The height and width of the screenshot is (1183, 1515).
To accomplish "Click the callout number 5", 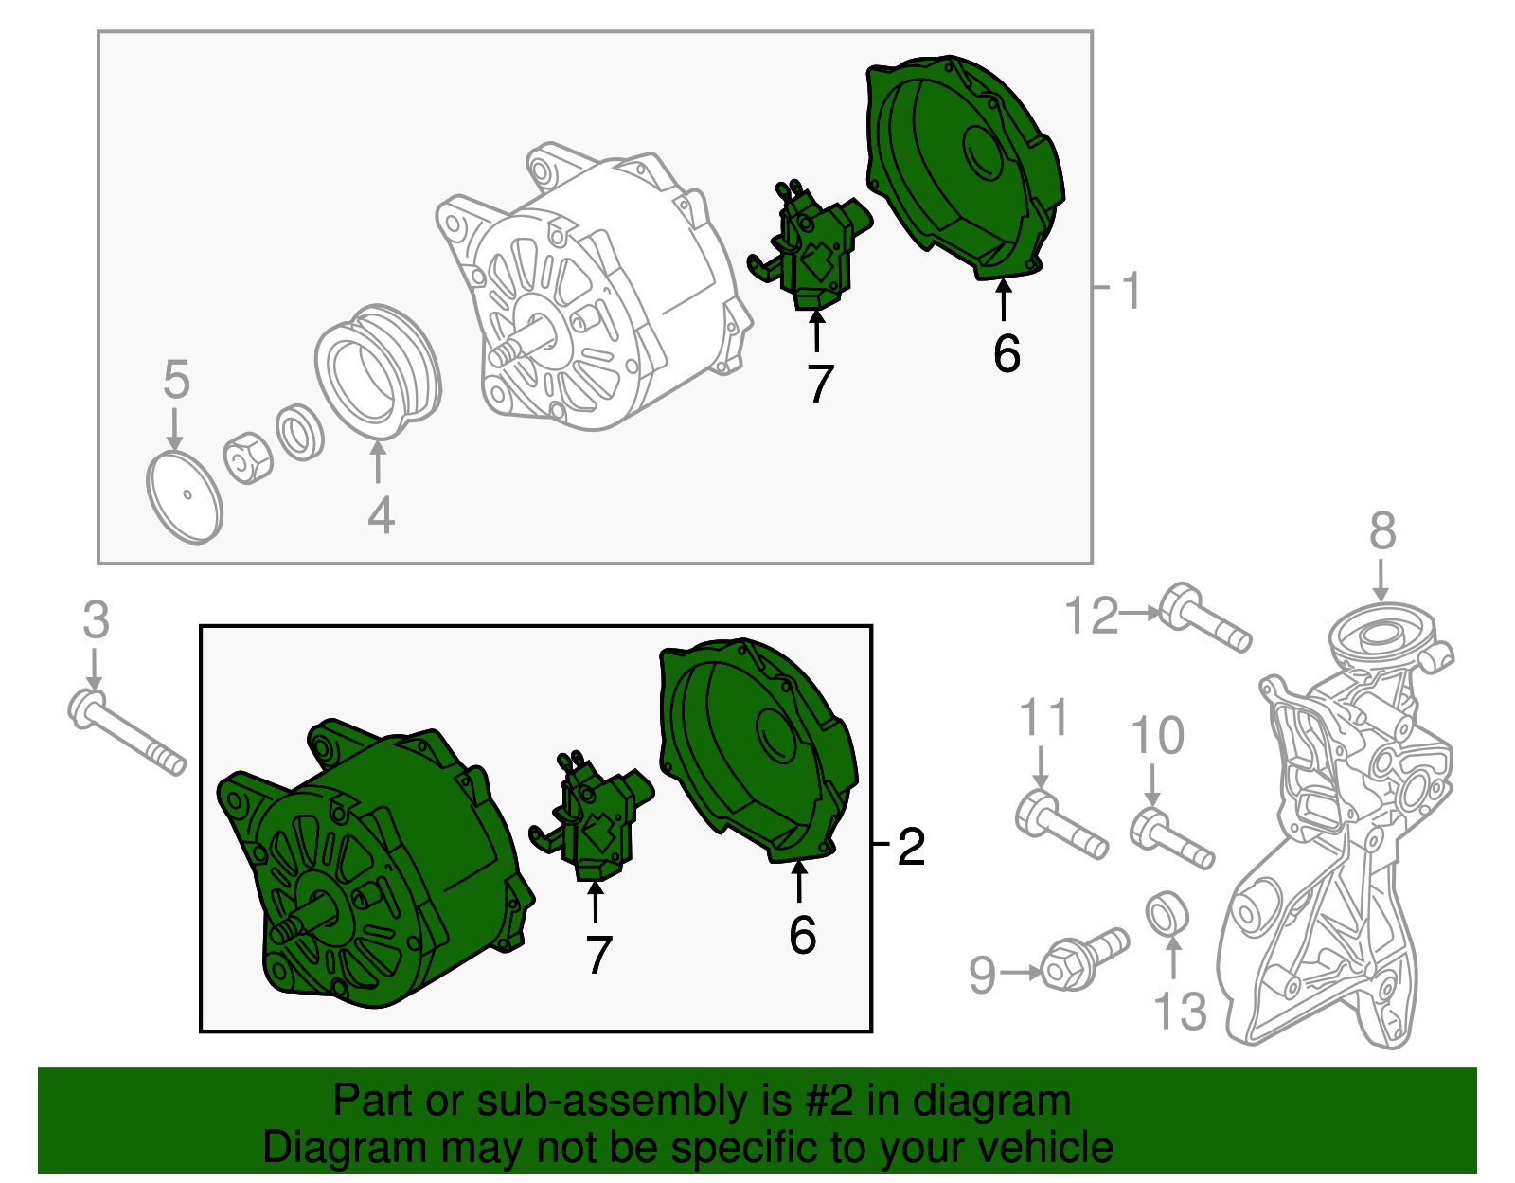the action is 176,380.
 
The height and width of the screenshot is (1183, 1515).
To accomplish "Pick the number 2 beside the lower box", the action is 911,847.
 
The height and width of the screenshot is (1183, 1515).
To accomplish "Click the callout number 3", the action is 97,619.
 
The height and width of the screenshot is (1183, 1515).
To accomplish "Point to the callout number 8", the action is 1382,530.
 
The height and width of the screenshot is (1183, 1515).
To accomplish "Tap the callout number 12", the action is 1091,616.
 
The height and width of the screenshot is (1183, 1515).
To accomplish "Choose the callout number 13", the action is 1181,1011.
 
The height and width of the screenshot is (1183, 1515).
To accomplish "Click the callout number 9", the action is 983,975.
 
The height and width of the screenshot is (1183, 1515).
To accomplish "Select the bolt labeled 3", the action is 127,731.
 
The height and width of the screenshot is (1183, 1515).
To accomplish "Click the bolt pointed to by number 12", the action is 1205,617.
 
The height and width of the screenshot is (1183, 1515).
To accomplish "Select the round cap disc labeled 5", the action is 185,496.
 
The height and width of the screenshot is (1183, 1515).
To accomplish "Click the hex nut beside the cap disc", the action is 247,457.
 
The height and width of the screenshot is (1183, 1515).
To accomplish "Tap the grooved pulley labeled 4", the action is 377,372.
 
